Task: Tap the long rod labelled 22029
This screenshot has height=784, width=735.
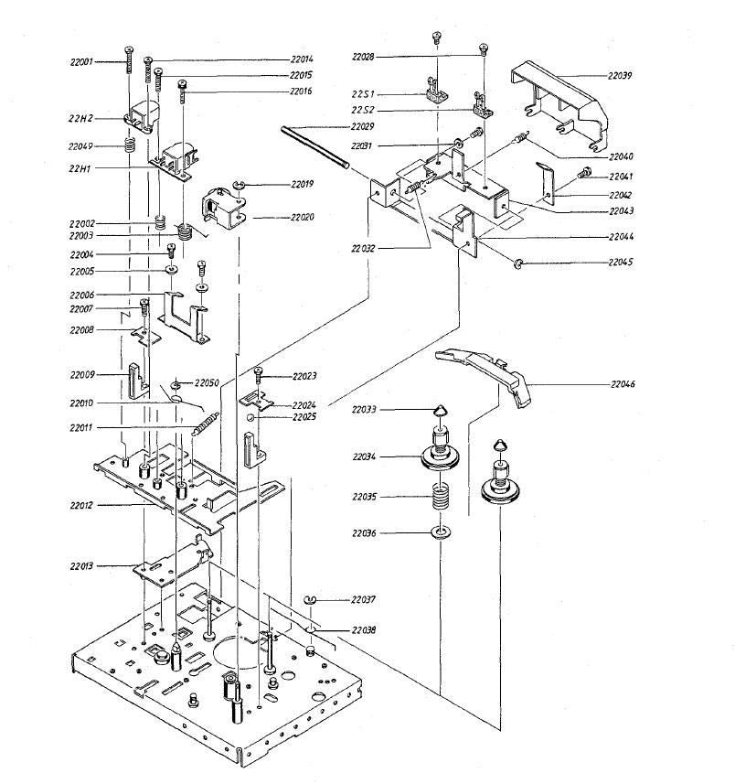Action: click(x=316, y=147)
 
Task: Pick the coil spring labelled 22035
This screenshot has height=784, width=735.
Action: click(x=442, y=499)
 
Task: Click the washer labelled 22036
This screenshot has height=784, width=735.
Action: click(x=441, y=532)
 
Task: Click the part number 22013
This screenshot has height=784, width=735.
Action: click(x=83, y=566)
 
